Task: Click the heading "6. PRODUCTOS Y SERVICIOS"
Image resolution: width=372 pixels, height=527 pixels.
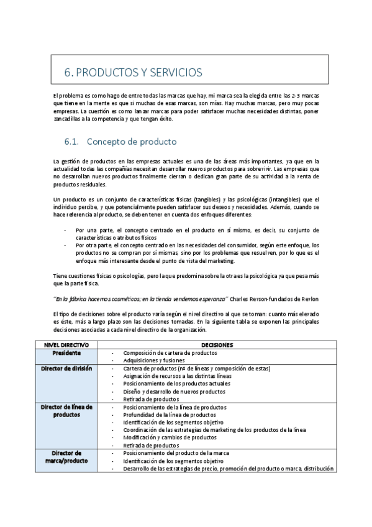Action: pos(133,72)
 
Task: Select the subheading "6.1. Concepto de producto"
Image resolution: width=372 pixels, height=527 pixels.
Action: pos(120,141)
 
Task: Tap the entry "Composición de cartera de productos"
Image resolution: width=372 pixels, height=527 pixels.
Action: pos(170,352)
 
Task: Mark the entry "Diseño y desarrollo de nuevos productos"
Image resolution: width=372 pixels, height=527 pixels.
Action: pos(174,392)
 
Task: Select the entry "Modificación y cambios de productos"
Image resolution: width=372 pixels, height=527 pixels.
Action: pos(170,438)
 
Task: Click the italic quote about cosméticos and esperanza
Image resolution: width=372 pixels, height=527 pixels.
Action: pos(141,298)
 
